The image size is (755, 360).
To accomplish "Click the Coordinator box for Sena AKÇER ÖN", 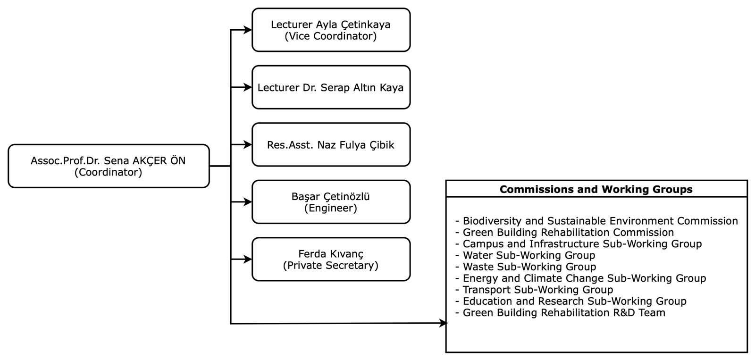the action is [x=109, y=166].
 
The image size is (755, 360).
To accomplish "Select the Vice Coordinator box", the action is [x=331, y=30].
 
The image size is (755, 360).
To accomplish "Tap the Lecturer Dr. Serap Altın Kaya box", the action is [x=331, y=87].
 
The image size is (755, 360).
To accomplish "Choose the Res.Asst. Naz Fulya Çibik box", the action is [x=331, y=144].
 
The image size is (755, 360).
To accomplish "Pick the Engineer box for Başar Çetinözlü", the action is [x=331, y=202].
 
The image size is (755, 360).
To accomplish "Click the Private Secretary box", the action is [x=331, y=259].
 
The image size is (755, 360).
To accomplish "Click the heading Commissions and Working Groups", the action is [x=596, y=190].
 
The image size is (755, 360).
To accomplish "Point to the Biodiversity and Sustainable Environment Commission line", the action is [x=596, y=221].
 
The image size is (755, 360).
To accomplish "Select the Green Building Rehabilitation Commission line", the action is [x=564, y=233].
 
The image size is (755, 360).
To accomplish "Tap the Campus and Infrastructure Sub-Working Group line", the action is [x=579, y=244].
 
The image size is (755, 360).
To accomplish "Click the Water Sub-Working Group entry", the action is [x=525, y=256].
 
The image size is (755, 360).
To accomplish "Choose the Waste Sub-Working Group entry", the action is [x=526, y=267].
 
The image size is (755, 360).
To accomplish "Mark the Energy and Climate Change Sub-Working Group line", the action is [x=580, y=278].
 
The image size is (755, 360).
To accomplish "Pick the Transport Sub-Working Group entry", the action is [x=534, y=290].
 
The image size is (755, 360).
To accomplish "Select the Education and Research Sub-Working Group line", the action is [x=571, y=301].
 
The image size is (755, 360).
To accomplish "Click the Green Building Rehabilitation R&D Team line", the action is [x=560, y=313].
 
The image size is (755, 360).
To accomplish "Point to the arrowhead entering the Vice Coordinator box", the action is [x=248, y=30].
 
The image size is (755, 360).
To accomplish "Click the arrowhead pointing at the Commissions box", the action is [x=444, y=323].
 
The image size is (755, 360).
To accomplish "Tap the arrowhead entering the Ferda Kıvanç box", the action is [x=248, y=259].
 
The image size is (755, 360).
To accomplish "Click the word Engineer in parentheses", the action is [x=331, y=208].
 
